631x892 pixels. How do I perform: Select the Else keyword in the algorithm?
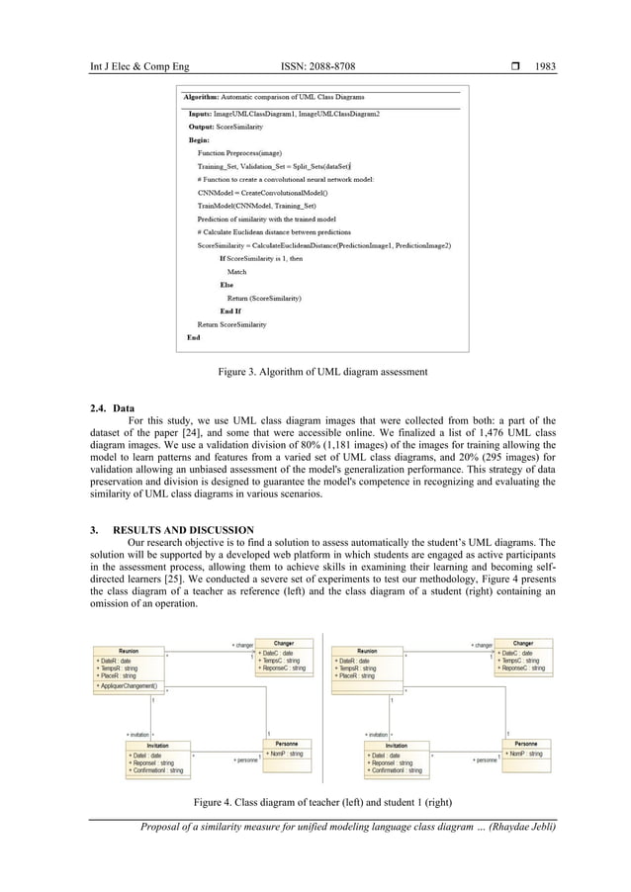[x=226, y=284]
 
